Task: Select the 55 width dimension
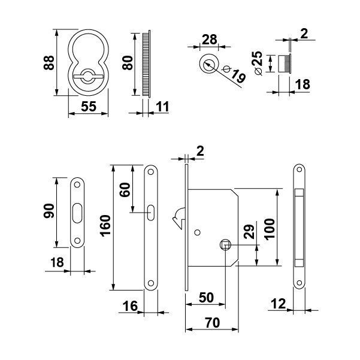[x=88, y=106]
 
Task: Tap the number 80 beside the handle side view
[x=126, y=62]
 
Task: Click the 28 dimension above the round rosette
[x=208, y=40]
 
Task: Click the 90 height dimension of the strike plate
[x=49, y=211]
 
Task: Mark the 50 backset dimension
[x=207, y=298]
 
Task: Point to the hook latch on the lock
[x=178, y=219]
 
